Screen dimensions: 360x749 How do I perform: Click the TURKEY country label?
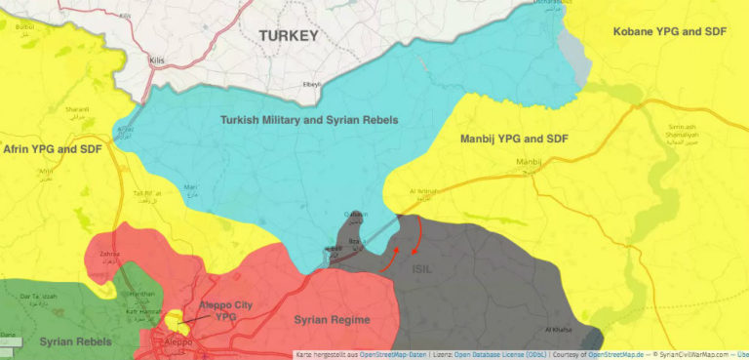coord(289,36)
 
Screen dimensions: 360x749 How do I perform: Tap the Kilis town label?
coord(157,60)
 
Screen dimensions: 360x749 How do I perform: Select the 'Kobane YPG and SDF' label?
coord(671,33)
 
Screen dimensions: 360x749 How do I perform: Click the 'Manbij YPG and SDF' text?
coord(515,140)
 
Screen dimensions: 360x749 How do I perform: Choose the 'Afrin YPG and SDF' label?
coord(53,149)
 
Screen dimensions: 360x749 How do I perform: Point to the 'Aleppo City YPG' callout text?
coord(226,311)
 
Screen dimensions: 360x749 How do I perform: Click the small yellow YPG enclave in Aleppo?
coord(175,319)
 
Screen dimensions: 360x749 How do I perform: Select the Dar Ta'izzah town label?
coord(38,296)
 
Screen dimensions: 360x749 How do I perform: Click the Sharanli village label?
coord(77,110)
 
